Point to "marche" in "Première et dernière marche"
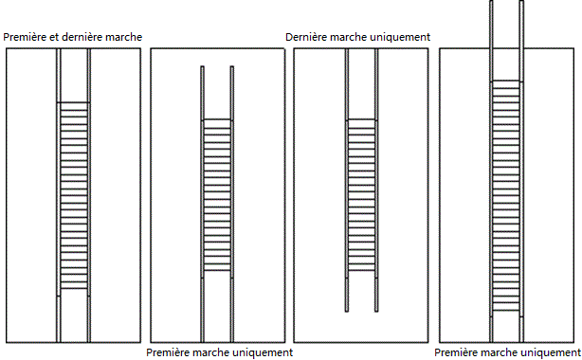point(124,37)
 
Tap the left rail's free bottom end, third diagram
point(347,311)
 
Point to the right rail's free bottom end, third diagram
point(376,311)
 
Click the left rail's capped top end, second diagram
point(202,67)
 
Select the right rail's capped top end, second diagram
point(232,67)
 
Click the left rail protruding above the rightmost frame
point(491,24)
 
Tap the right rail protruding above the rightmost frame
point(521,24)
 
